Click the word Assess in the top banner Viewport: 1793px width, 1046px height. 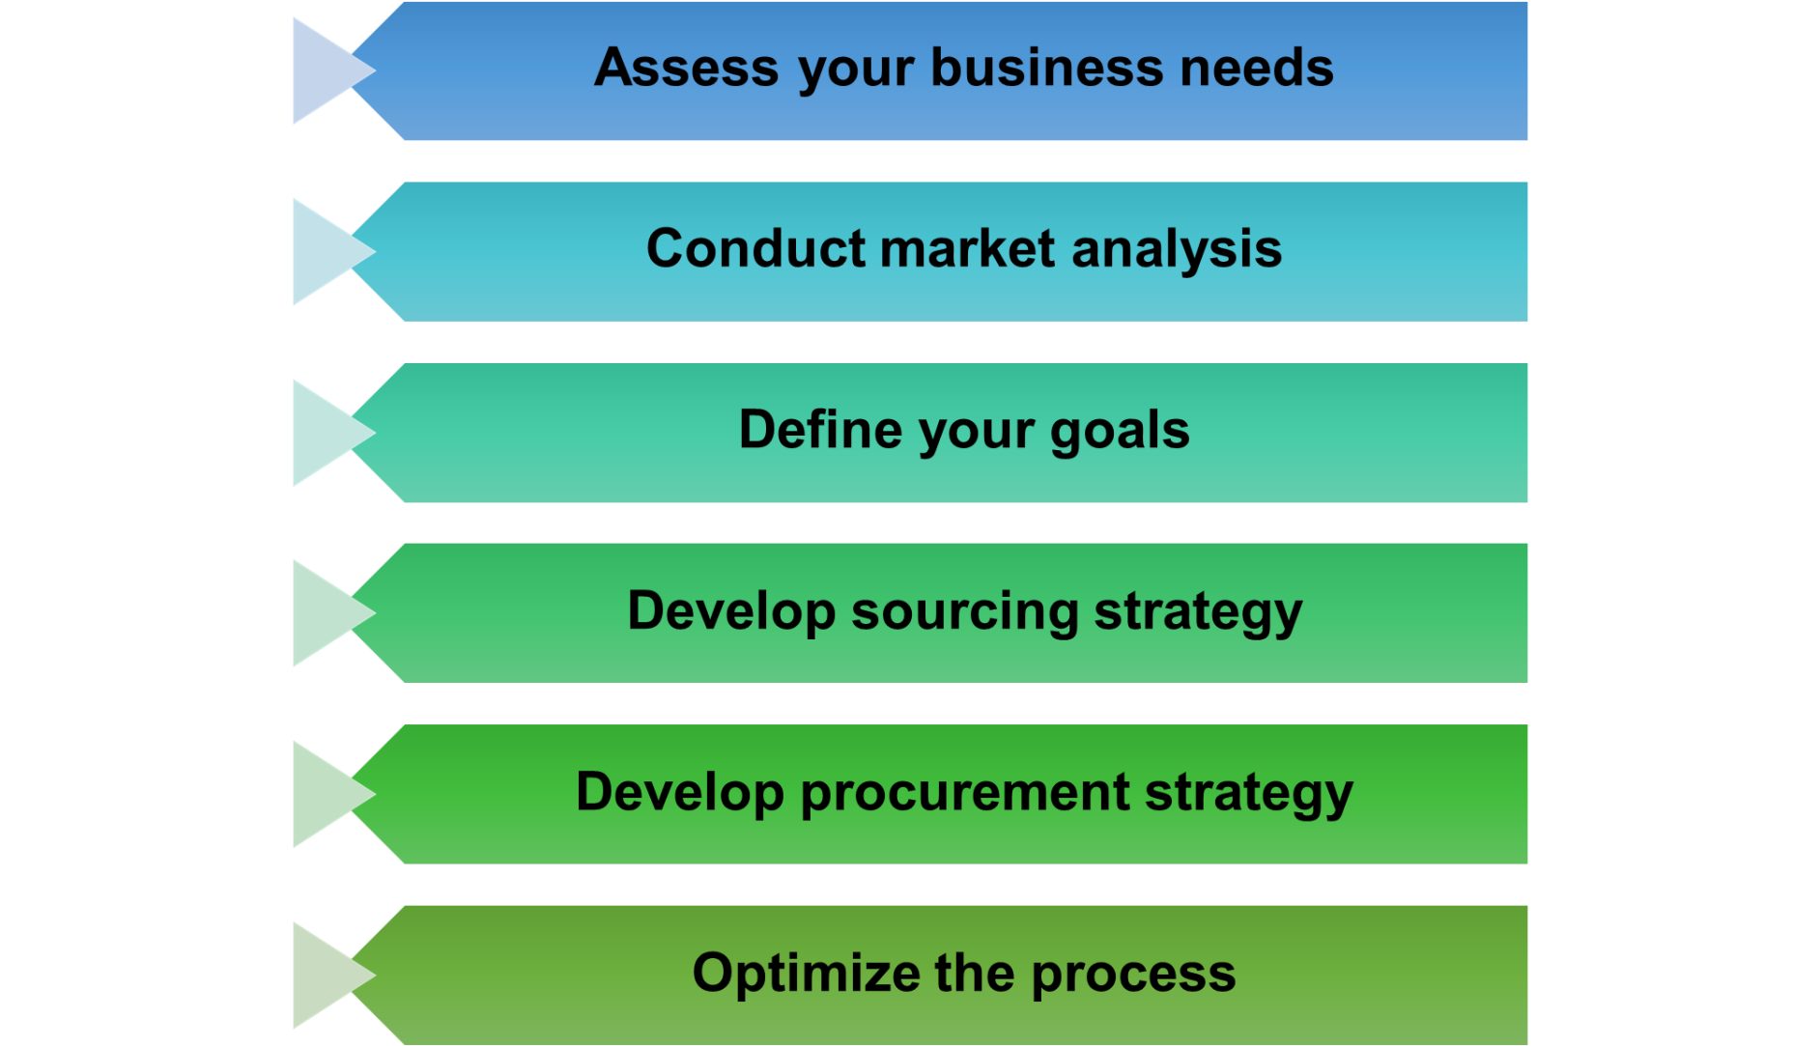(686, 69)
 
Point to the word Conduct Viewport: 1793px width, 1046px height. (756, 249)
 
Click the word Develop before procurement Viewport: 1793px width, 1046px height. (679, 793)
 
